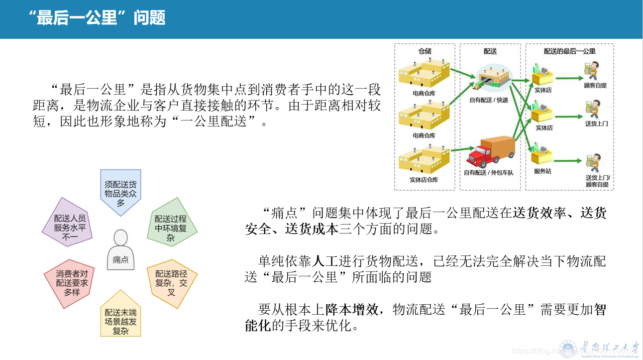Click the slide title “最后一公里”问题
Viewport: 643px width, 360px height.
[x=97, y=18]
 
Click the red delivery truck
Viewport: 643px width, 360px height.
[x=490, y=151]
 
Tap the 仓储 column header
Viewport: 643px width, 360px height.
[x=425, y=51]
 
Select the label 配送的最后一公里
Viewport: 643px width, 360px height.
[x=569, y=51]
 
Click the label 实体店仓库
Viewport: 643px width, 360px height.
[x=424, y=179]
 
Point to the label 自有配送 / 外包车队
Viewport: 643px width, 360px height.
[x=488, y=173]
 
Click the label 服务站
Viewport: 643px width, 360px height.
[x=542, y=171]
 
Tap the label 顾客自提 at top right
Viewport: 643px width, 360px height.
[x=595, y=86]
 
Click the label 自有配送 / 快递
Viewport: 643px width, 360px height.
[x=489, y=100]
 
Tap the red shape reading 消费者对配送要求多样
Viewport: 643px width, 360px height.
[x=72, y=282]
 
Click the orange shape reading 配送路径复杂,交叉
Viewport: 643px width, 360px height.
[x=171, y=282]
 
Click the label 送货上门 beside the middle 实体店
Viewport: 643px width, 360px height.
[x=596, y=123]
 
